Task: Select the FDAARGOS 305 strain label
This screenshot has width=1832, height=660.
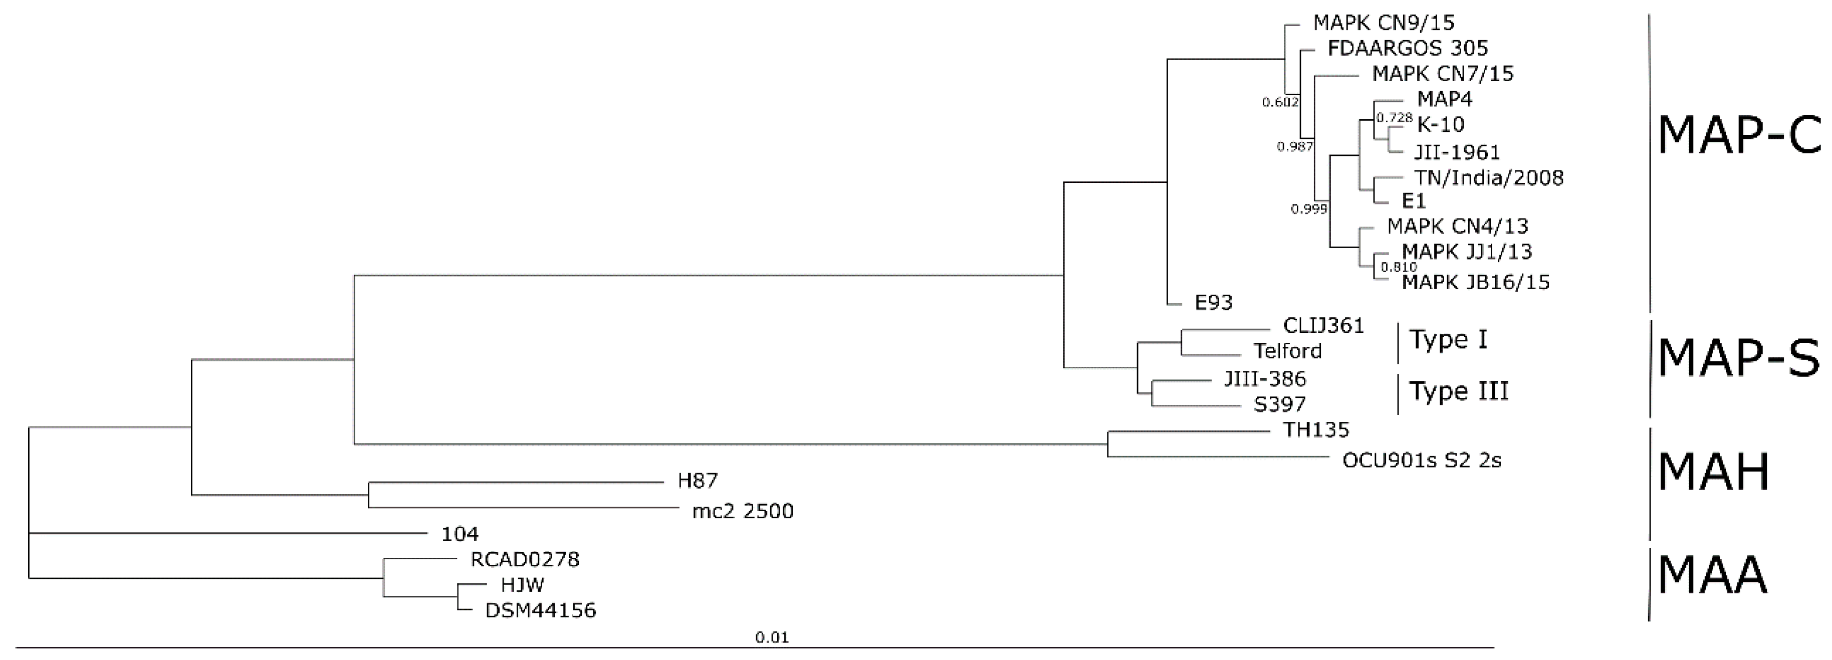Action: (x=1408, y=49)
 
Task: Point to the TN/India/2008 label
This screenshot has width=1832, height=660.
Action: (x=1488, y=178)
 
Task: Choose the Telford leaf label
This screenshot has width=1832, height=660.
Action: (x=1287, y=351)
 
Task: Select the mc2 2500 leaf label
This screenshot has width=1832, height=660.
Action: (x=743, y=511)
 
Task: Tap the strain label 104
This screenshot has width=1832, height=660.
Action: (x=460, y=533)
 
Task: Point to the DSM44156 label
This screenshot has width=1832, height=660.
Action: (x=541, y=610)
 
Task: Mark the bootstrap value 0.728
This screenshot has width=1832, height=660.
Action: (x=1394, y=117)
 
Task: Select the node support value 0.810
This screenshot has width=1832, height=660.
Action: (x=1398, y=268)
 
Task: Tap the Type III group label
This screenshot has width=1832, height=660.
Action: (x=1459, y=391)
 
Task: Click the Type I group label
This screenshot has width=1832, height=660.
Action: (x=1448, y=340)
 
